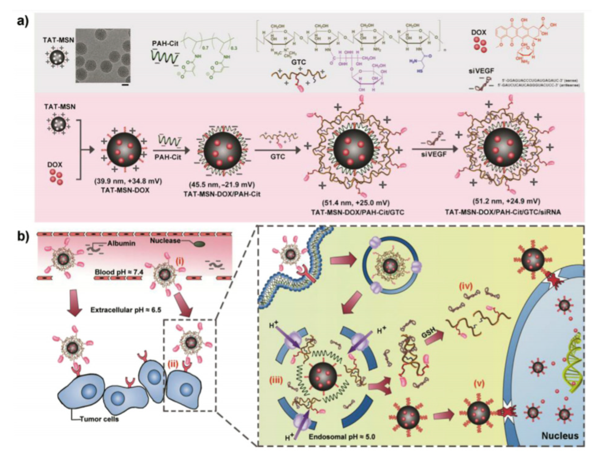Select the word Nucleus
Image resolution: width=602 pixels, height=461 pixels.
[x=560, y=435]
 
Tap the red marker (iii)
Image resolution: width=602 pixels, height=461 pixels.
[x=275, y=382]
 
